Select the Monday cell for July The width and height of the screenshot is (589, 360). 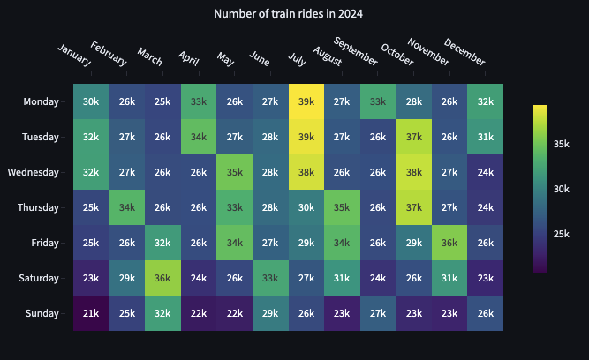click(306, 101)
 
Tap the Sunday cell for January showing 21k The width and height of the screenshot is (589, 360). click(91, 313)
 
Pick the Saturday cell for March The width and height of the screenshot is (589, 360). click(162, 278)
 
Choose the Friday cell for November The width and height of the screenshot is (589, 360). click(449, 243)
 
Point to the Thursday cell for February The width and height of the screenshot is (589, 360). click(127, 207)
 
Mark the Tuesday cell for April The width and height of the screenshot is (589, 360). click(199, 137)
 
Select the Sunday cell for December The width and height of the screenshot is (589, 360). click(486, 313)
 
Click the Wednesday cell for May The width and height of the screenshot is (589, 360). click(235, 172)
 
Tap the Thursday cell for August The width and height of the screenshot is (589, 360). click(343, 207)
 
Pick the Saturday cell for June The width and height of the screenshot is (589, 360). click(270, 278)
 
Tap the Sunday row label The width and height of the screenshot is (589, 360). click(41, 313)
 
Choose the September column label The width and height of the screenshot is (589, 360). click(355, 52)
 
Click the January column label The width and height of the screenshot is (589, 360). click(74, 54)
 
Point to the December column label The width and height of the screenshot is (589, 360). click(464, 53)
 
